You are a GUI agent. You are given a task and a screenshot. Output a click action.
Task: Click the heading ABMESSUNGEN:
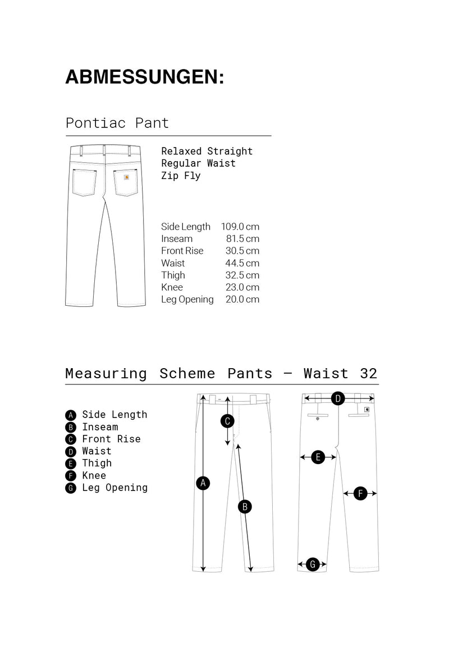click(144, 77)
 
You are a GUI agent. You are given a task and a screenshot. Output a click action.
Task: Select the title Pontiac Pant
click(117, 123)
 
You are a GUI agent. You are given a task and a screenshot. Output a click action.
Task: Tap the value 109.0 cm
click(240, 227)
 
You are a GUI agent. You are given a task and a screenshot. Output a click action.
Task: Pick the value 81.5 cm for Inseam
click(242, 239)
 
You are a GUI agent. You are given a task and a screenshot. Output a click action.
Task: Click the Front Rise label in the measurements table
click(182, 251)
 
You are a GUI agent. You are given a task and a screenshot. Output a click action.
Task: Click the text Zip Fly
click(181, 176)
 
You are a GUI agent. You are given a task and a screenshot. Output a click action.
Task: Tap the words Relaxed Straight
click(207, 151)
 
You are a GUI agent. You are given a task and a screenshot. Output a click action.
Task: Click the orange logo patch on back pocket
click(126, 177)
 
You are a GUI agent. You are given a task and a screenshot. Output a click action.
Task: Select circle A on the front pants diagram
click(204, 483)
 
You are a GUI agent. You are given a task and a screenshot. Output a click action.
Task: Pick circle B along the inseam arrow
click(245, 507)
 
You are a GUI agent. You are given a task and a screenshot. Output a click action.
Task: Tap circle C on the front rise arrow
click(227, 421)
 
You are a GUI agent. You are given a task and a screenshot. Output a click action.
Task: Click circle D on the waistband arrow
click(338, 399)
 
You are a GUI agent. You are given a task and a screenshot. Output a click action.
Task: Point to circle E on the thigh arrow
click(318, 457)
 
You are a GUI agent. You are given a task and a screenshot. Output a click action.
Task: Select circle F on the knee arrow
click(360, 494)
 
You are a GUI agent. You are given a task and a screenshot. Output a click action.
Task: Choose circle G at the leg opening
click(313, 565)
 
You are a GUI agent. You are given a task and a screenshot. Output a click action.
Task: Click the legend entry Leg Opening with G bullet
click(107, 488)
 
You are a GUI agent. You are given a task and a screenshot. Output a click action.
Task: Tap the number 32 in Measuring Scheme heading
click(369, 374)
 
